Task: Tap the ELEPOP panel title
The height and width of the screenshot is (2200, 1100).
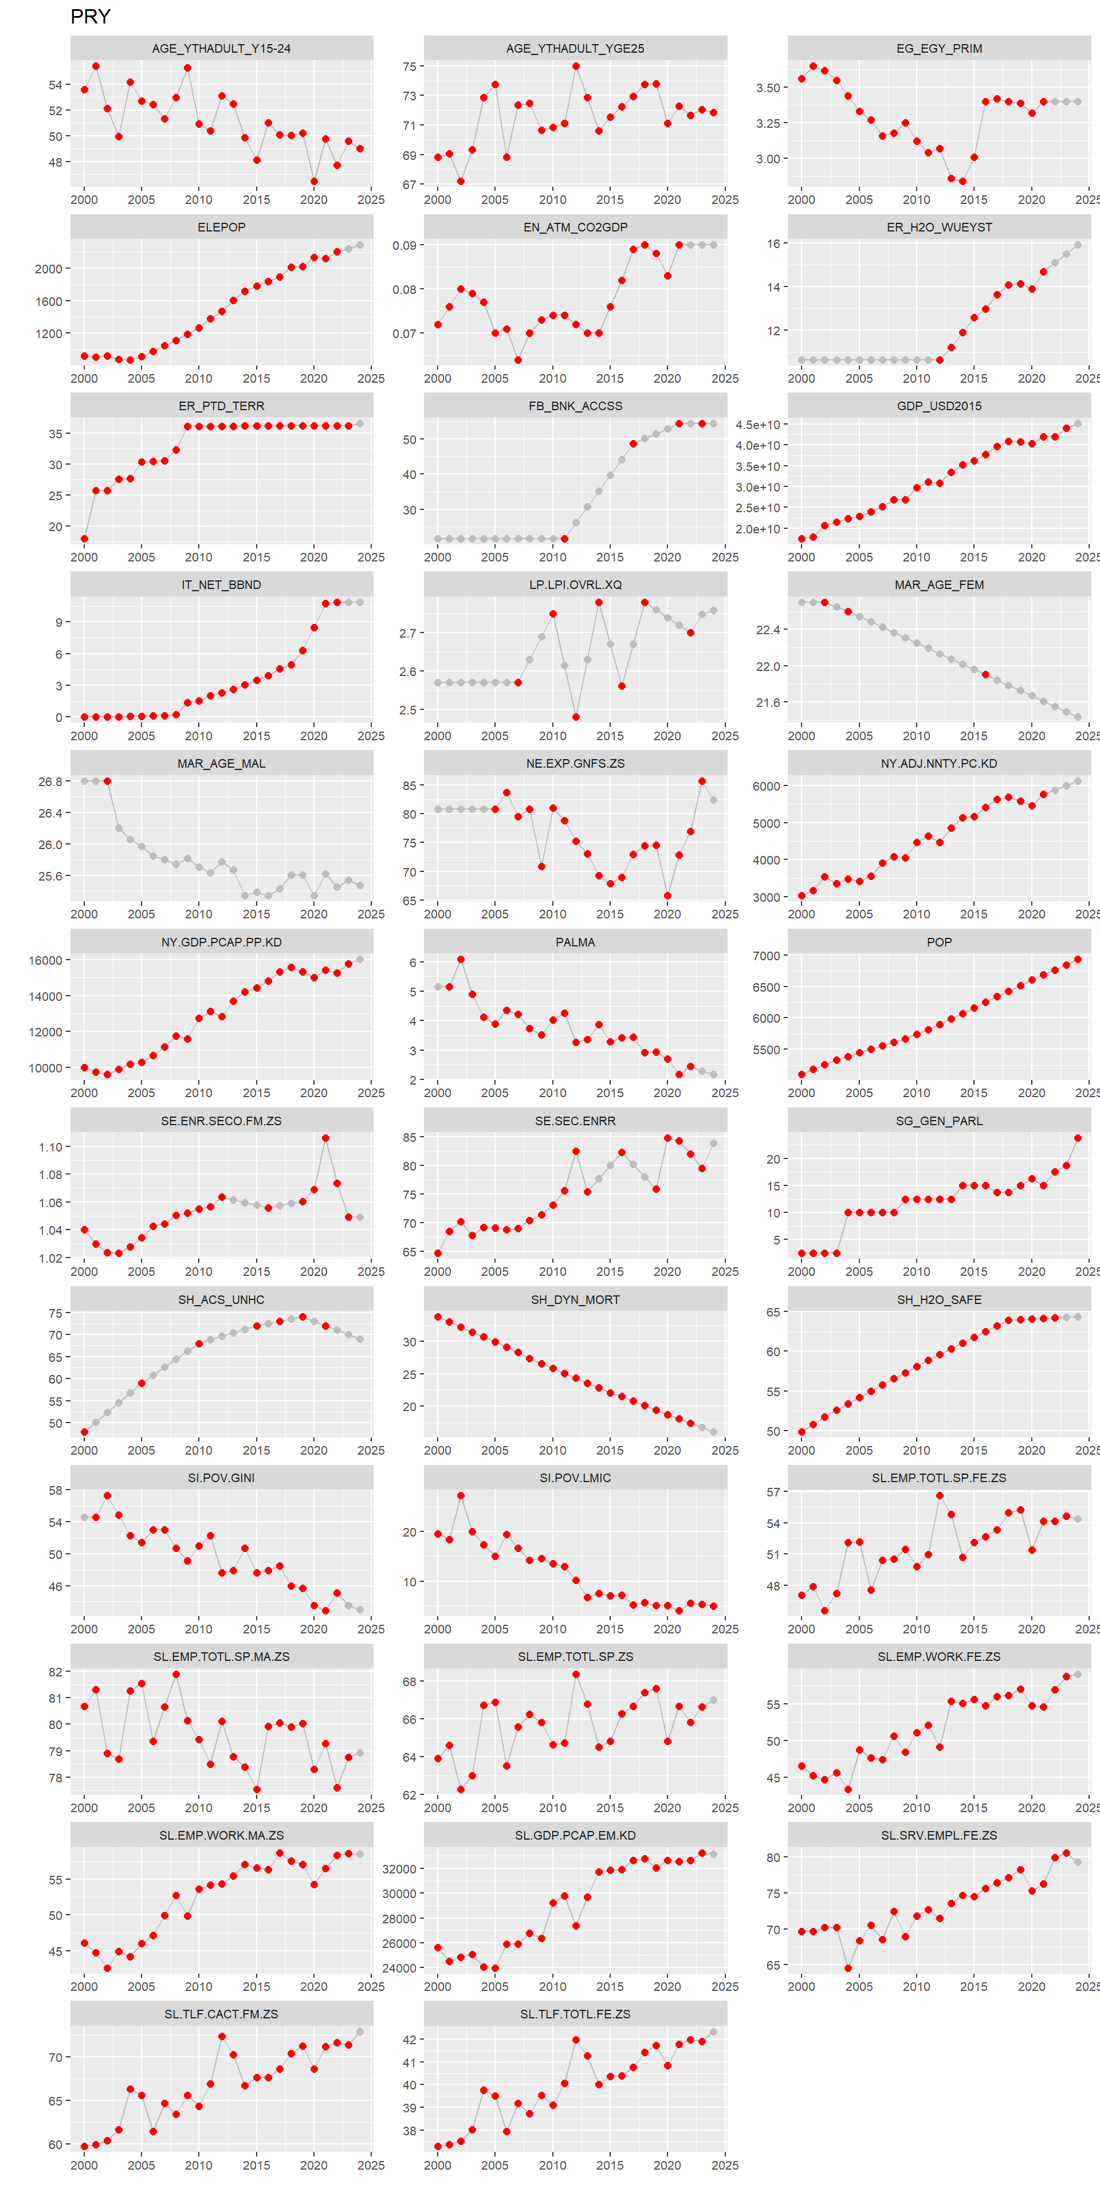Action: point(221,227)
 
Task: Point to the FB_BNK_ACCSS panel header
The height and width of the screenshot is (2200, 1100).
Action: point(575,406)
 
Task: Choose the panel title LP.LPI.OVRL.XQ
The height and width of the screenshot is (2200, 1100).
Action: point(575,585)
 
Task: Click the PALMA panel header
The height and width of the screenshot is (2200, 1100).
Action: point(575,942)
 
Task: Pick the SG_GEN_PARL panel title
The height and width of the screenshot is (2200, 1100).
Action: point(938,1121)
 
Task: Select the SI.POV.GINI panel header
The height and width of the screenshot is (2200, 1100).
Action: point(221,1478)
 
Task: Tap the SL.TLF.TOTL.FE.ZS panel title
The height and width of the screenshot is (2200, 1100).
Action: point(575,2014)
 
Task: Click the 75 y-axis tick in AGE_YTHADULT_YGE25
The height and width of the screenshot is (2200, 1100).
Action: point(409,66)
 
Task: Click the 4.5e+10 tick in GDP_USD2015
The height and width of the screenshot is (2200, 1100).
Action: point(757,425)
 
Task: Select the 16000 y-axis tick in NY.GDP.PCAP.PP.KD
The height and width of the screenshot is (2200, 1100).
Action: point(45,961)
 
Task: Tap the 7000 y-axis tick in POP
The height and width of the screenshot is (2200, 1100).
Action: point(766,956)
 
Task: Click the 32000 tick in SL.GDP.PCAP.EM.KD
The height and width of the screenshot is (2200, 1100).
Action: point(399,1869)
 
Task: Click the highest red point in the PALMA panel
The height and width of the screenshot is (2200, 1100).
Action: point(461,959)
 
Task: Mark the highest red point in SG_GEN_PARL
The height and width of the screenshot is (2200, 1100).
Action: point(1078,1138)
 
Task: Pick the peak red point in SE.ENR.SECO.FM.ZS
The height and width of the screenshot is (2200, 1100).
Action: point(325,1138)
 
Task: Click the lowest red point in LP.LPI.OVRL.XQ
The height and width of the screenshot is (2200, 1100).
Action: point(576,717)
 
